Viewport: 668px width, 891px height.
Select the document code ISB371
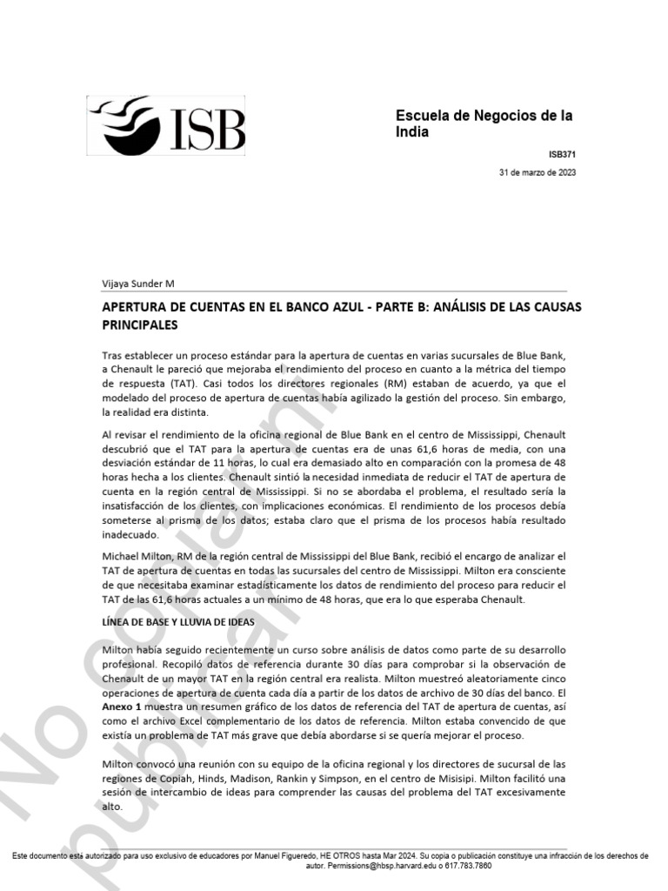click(x=562, y=154)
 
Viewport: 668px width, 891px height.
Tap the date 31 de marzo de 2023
click(x=537, y=172)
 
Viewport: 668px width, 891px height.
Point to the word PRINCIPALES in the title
click(x=140, y=325)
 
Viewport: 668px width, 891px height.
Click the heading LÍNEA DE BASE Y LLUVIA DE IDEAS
click(x=178, y=624)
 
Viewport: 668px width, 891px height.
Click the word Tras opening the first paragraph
click(x=113, y=355)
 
